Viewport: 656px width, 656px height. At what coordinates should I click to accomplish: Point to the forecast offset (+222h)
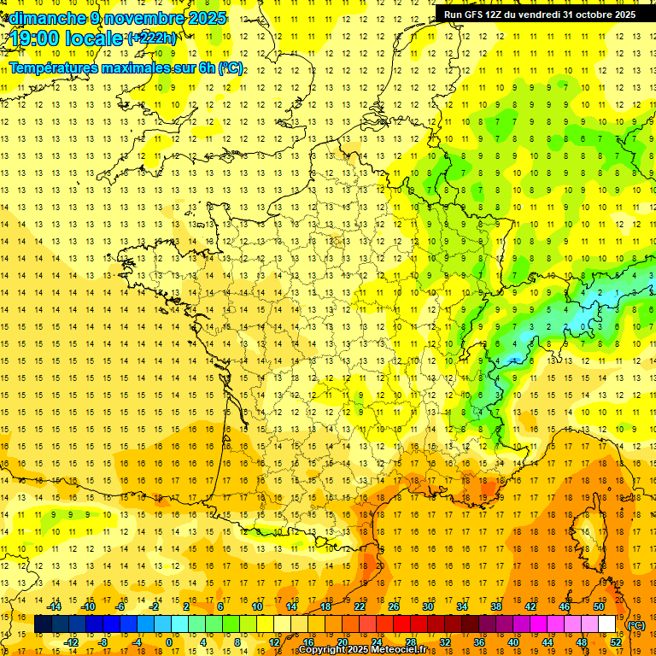152,38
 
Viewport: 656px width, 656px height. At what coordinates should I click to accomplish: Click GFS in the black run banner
480,15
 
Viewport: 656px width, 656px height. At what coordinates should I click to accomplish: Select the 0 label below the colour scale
168,641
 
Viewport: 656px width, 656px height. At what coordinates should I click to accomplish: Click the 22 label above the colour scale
360,606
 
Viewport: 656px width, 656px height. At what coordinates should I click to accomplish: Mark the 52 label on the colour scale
616,641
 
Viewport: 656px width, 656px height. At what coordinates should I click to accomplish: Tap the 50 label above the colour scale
599,606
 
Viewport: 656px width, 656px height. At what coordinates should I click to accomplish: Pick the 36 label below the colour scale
478,641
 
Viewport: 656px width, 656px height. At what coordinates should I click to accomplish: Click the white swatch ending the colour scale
607,624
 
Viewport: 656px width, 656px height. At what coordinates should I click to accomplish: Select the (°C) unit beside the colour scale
635,625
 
